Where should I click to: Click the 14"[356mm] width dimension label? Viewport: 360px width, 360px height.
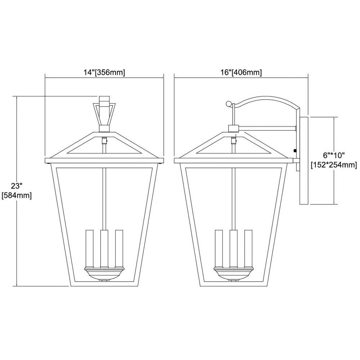pyautogui.click(x=104, y=73)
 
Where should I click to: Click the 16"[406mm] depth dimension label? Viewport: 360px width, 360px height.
pyautogui.click(x=241, y=73)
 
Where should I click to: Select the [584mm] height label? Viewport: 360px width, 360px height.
pyautogui.click(x=17, y=196)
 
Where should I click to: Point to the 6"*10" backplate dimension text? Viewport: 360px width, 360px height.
pyautogui.click(x=334, y=156)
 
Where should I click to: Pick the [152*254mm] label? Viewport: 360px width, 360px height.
pyautogui.click(x=334, y=165)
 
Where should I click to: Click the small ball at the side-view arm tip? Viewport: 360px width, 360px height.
pyautogui.click(x=229, y=104)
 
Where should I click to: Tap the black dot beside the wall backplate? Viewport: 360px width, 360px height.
pyautogui.click(x=295, y=151)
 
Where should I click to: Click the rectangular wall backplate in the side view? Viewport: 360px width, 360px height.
pyautogui.click(x=304, y=161)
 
